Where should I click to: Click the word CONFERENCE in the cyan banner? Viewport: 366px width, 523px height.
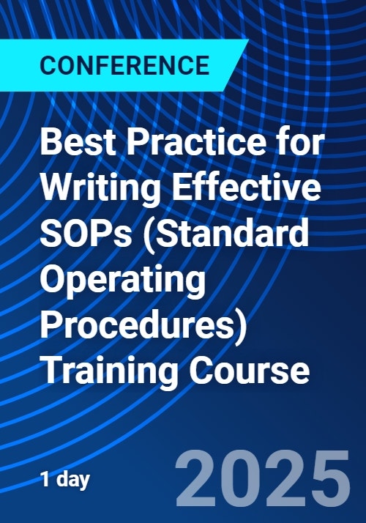pyautogui.click(x=124, y=65)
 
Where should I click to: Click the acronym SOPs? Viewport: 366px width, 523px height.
pyautogui.click(x=86, y=233)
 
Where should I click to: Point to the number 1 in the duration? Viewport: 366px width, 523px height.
pyautogui.click(x=45, y=479)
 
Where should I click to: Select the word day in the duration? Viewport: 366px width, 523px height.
pyautogui.click(x=72, y=481)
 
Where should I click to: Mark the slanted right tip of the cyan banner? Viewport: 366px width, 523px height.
pyautogui.click(x=248, y=40)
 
